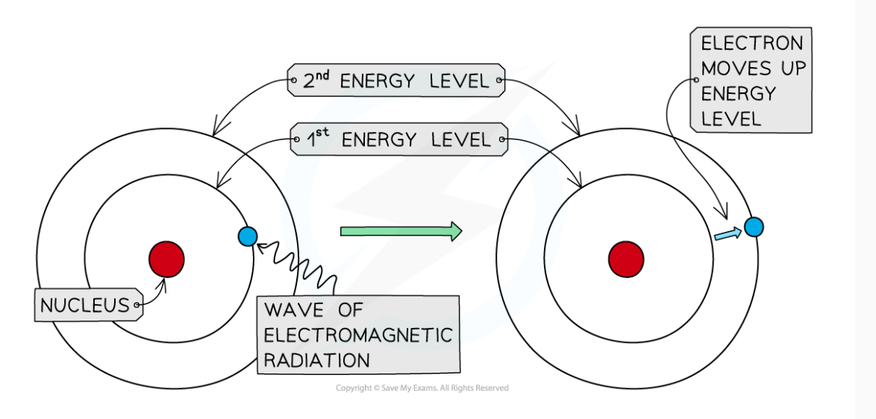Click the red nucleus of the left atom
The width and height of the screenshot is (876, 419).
(166, 260)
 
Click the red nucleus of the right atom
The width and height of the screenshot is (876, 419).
(626, 260)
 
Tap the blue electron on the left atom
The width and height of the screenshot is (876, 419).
(248, 236)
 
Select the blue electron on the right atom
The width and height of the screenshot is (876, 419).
(753, 227)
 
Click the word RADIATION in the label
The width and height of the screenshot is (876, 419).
(316, 361)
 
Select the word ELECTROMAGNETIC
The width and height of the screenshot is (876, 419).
(357, 335)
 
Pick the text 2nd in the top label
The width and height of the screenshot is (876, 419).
(316, 81)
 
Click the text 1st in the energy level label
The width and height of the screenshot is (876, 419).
(316, 139)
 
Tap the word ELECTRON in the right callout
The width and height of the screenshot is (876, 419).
(752, 43)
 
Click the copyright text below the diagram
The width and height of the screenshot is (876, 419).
(422, 388)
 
